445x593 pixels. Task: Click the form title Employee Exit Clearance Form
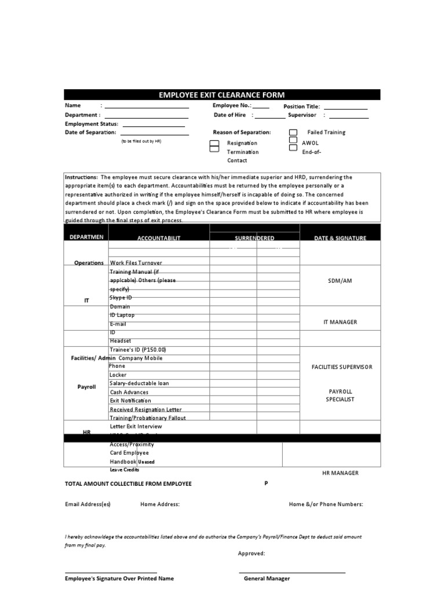(222, 95)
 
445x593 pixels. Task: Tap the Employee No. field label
(232, 105)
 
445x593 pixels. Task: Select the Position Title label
(301, 107)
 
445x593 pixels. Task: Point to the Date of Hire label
(230, 115)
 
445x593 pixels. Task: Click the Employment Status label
(92, 124)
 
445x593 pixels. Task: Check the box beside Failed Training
(293, 133)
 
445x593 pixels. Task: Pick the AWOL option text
(310, 142)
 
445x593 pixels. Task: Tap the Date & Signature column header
(340, 239)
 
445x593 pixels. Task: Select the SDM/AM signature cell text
(340, 280)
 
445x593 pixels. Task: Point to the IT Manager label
(340, 322)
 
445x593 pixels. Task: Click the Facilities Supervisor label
(342, 367)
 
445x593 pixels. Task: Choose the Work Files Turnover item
(136, 263)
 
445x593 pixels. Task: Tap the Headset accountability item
(121, 341)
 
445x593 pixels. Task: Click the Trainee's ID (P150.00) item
(138, 350)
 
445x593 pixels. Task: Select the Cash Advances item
(129, 392)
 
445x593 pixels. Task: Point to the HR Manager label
(340, 473)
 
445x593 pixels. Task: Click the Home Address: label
(160, 504)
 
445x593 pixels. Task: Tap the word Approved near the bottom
(251, 554)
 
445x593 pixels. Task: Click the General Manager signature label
(267, 579)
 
